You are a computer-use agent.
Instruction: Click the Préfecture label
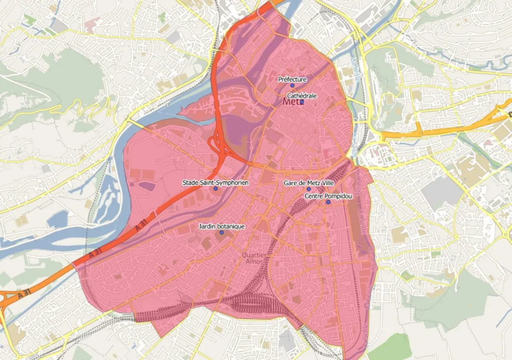(292, 80)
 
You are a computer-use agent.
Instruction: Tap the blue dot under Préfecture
(292, 86)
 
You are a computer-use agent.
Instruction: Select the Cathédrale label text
(302, 96)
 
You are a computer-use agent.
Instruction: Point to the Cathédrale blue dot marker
(302, 102)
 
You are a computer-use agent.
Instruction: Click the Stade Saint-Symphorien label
(215, 183)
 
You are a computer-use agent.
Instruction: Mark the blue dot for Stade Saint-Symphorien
(215, 189)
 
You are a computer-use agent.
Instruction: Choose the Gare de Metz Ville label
(309, 183)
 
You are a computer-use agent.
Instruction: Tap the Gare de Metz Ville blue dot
(308, 189)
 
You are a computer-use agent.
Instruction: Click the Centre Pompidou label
(328, 196)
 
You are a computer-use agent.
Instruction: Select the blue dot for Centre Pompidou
(328, 202)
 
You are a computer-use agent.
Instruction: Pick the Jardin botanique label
(221, 227)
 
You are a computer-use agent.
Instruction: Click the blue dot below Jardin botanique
(222, 233)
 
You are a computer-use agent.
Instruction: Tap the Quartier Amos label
(254, 258)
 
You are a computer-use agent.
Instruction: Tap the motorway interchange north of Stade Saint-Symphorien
(219, 144)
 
